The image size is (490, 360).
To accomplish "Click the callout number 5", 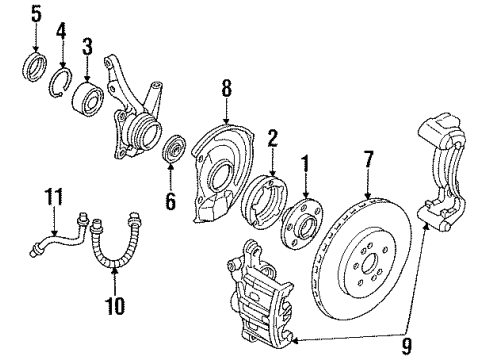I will pos(37,15).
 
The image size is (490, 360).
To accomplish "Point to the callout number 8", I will pos(226,89).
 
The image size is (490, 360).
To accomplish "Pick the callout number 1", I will pos(306,159).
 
